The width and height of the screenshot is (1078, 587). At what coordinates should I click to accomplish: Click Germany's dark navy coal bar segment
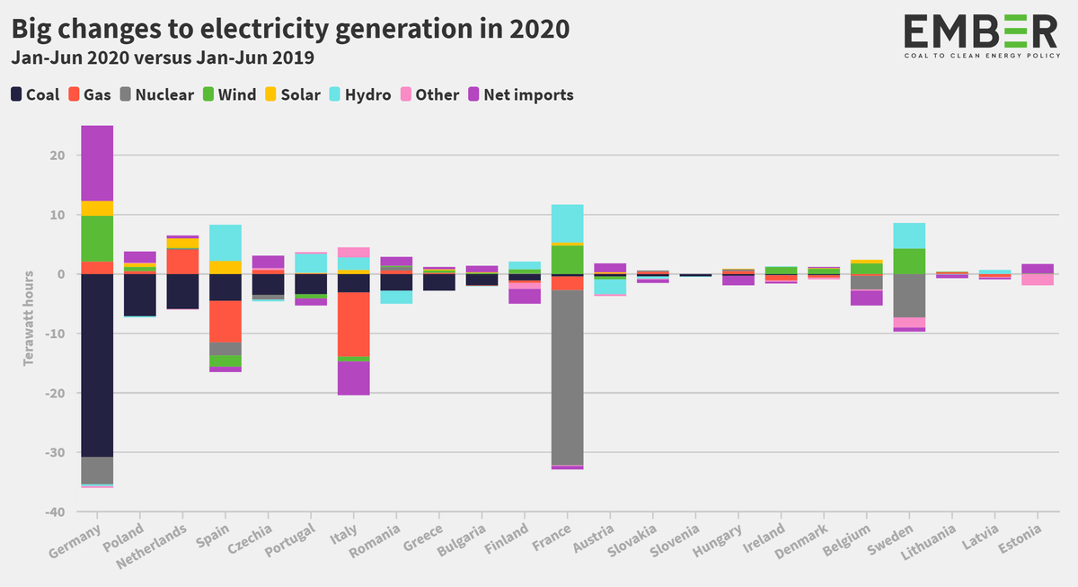[97, 364]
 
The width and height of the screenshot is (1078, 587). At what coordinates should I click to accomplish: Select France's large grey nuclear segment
[567, 378]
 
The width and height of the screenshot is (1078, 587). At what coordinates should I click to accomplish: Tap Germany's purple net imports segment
[97, 163]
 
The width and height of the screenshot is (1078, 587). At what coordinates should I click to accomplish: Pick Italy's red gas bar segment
[354, 324]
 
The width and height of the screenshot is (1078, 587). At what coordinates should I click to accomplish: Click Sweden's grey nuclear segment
[909, 295]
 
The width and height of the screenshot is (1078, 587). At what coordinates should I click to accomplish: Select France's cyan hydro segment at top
[567, 223]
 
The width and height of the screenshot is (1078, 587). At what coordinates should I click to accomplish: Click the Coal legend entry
[36, 94]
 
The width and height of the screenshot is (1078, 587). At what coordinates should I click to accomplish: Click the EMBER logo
[980, 34]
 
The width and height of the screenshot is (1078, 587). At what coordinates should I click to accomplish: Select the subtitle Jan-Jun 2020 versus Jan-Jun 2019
[162, 58]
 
